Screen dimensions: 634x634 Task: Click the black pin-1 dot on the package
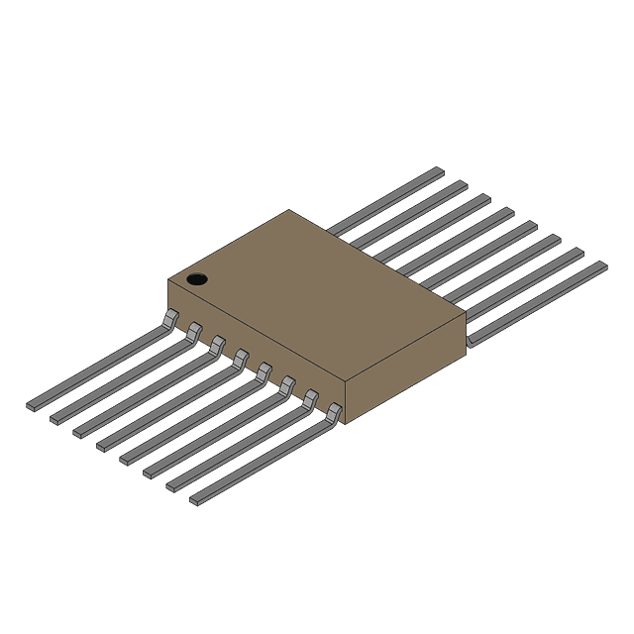tap(197, 279)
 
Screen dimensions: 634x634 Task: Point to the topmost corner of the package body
tap(289, 210)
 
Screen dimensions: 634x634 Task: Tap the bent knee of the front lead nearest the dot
tap(170, 318)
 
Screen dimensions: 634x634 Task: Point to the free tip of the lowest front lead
tap(195, 499)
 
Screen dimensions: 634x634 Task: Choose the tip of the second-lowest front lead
tap(172, 485)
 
